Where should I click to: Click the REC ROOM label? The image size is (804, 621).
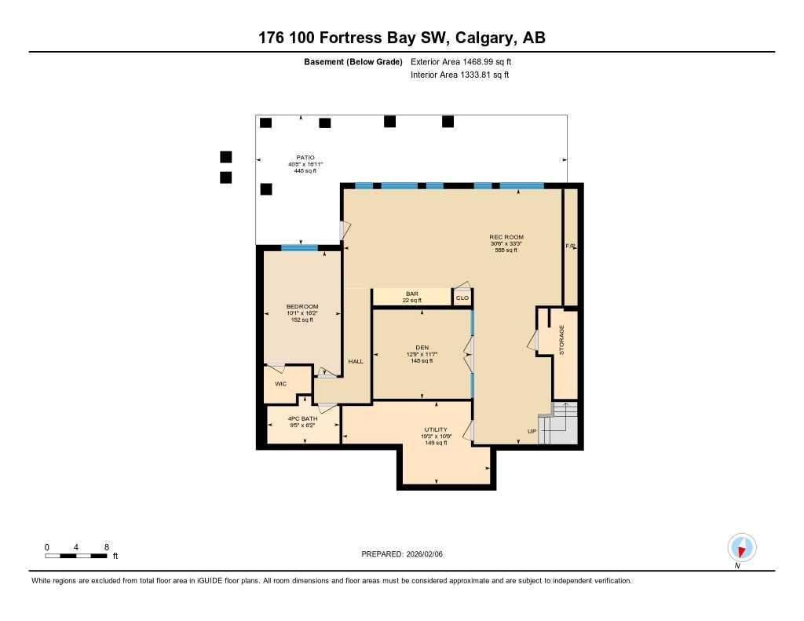pos(506,237)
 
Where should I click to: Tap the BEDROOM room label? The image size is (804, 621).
pos(301,306)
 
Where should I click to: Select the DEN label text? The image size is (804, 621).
pos(421,347)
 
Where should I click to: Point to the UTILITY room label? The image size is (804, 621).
pos(436,429)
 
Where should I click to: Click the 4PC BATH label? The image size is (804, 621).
pos(302,418)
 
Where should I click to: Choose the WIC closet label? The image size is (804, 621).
pos(280,383)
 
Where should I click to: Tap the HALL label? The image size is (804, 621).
pos(356,361)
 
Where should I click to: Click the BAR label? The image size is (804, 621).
pos(411,294)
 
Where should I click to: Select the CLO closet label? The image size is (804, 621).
pos(462,298)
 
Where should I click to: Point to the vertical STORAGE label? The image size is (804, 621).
pos(561,339)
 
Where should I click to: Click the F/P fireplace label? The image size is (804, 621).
pos(571,246)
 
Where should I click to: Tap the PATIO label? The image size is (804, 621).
pos(305,157)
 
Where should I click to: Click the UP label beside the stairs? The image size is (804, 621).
pos(532,432)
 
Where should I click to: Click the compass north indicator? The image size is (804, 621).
pos(741,546)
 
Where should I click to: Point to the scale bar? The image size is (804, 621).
pos(76,556)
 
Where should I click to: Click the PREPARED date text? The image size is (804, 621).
pos(407,553)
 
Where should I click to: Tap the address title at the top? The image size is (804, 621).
pos(402,37)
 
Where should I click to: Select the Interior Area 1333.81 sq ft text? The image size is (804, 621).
pos(459,75)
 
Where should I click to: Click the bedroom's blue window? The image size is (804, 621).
pos(299,248)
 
